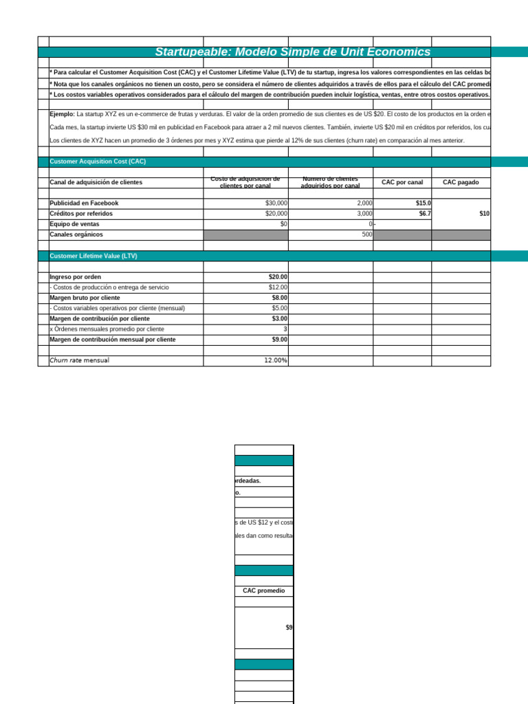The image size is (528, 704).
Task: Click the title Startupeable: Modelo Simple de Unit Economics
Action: click(293, 52)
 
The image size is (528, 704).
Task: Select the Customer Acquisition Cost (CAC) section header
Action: click(98, 162)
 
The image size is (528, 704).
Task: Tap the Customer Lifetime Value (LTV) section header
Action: click(93, 256)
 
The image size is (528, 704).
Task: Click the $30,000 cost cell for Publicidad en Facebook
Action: click(276, 203)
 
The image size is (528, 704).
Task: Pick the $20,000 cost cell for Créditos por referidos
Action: click(276, 214)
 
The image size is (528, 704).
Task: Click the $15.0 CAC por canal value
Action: click(423, 203)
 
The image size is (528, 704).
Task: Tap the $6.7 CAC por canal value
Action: click(424, 214)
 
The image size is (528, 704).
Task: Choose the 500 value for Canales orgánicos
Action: click(366, 234)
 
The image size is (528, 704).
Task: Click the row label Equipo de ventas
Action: click(74, 224)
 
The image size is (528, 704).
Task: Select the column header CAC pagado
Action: click(461, 182)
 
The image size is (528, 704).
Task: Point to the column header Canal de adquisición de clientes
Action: click(96, 182)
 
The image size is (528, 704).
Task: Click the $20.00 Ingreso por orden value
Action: click(278, 277)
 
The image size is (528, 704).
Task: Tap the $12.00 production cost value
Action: click(278, 287)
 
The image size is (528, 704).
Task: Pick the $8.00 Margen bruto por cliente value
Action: click(279, 298)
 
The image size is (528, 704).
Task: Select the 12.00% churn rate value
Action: click(276, 360)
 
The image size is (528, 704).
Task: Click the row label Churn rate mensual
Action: click(79, 360)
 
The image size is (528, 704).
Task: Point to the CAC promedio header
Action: click(263, 591)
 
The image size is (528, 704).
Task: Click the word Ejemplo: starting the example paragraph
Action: click(62, 114)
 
